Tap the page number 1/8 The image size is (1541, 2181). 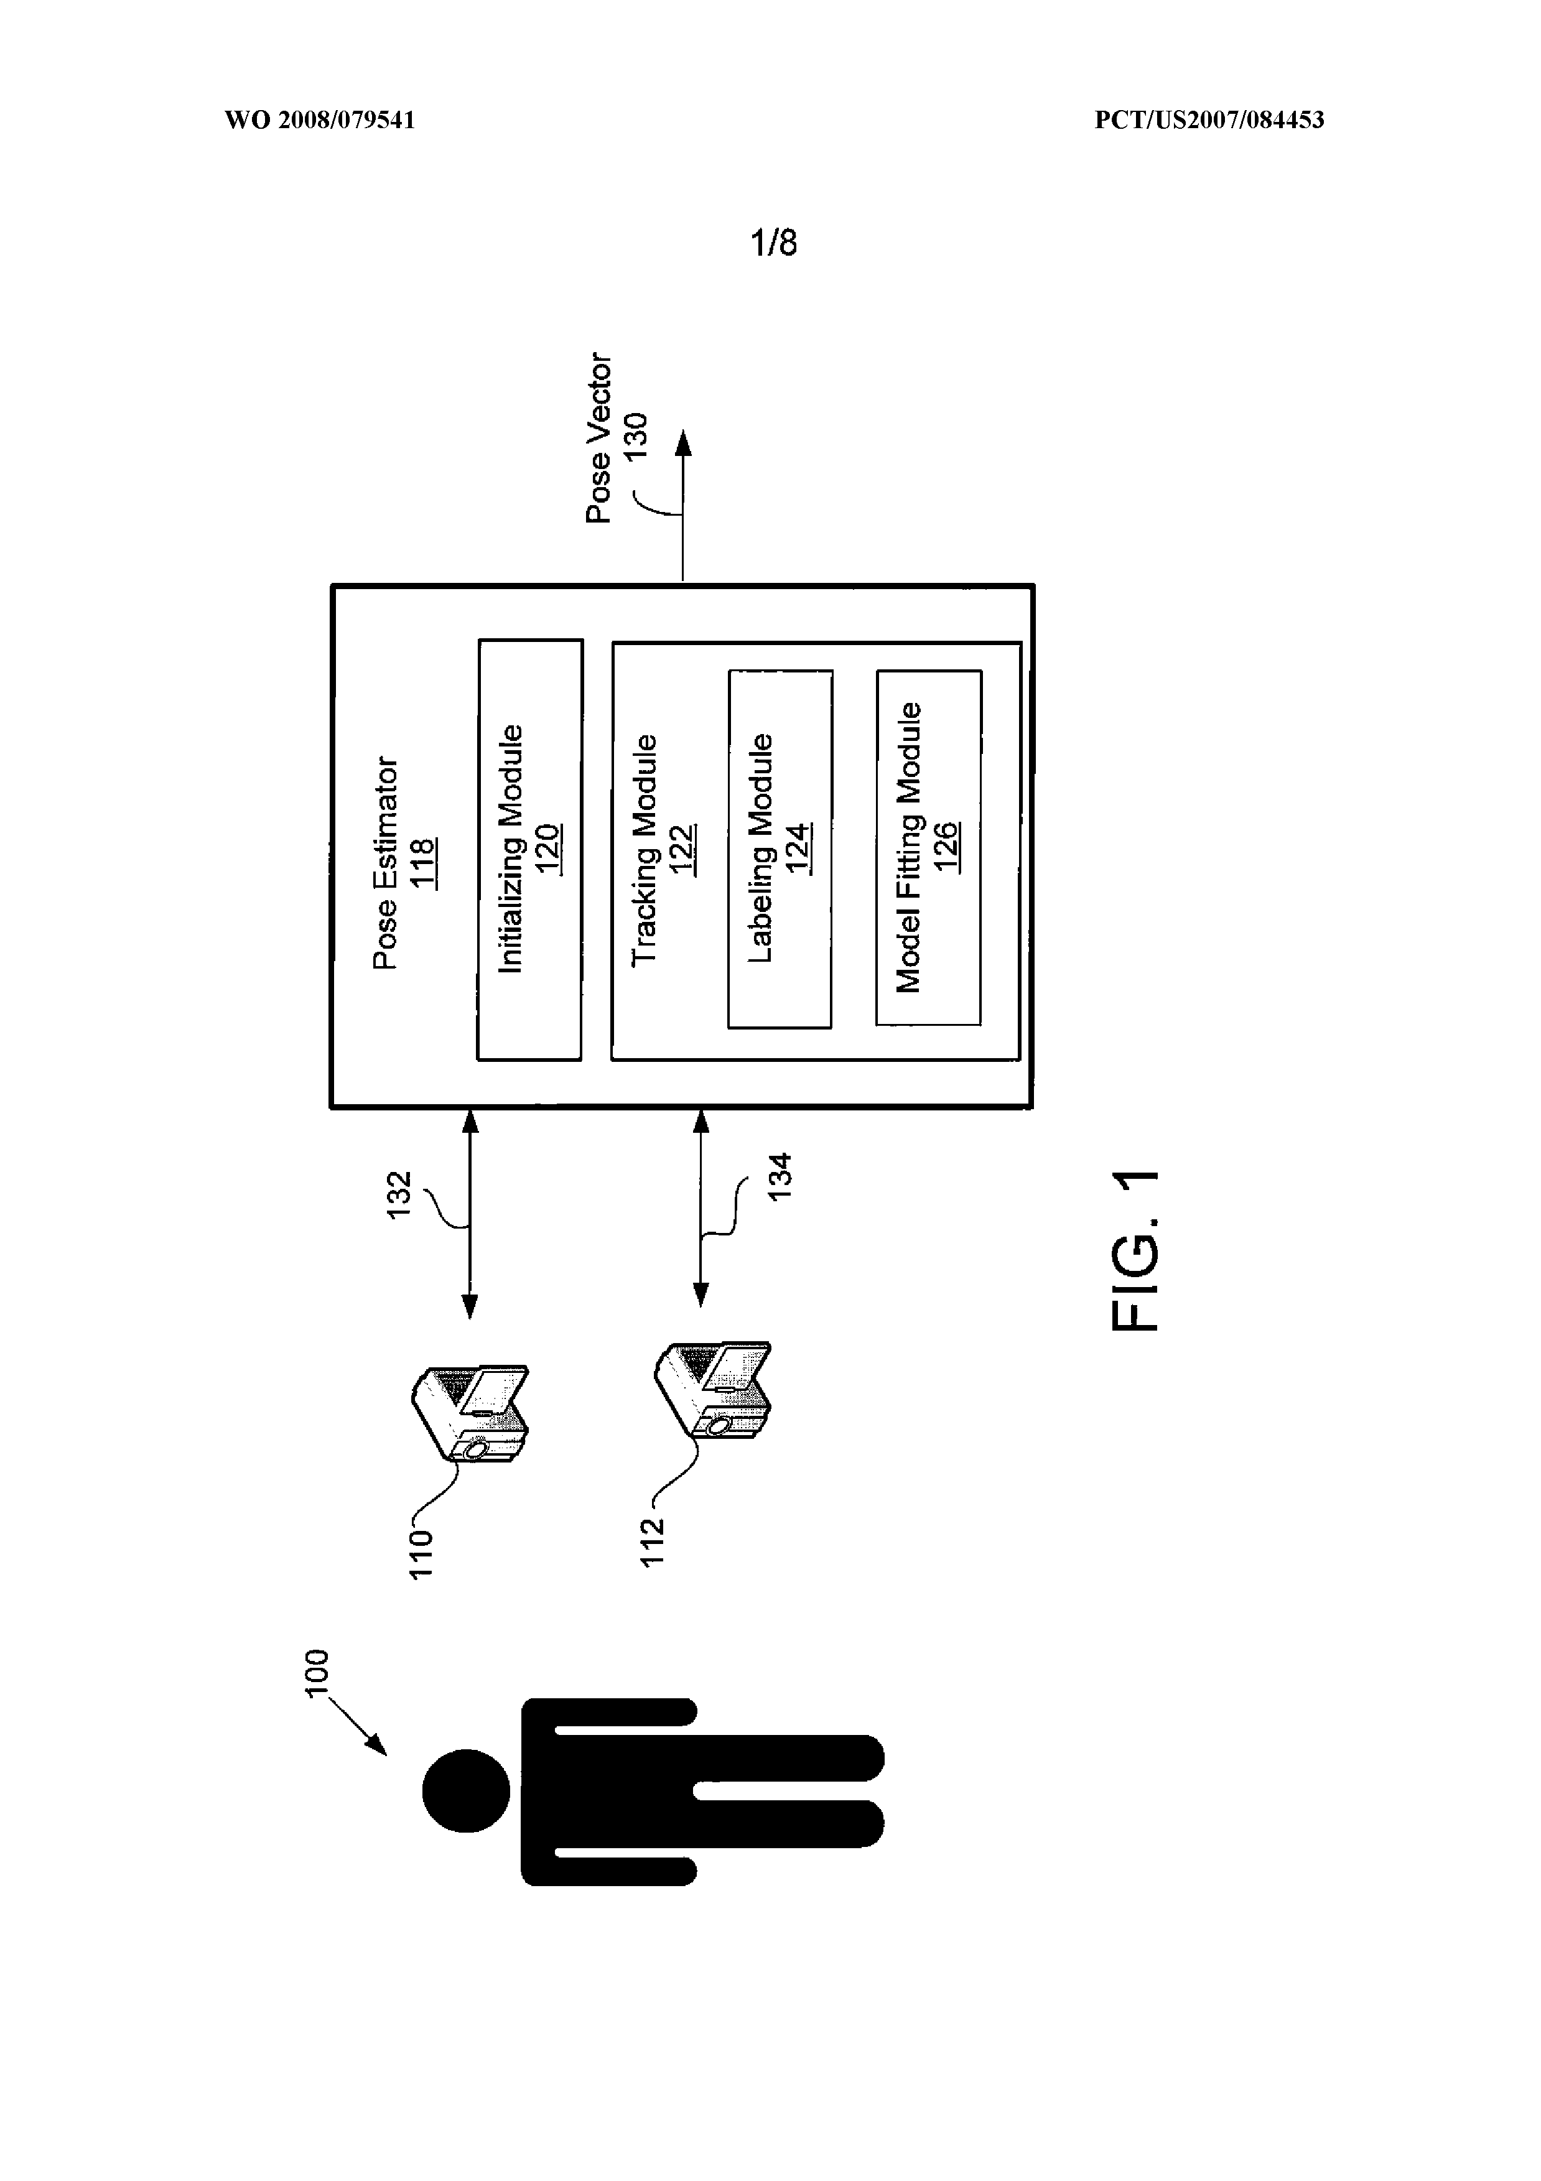[775, 244]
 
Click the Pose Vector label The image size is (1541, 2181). [600, 438]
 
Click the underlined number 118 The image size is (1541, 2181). [422, 863]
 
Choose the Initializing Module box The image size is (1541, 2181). [529, 849]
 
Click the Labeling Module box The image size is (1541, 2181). [780, 849]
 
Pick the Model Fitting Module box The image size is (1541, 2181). [928, 847]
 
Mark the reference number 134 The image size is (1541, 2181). [779, 1177]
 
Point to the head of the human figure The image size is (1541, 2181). [465, 1790]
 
